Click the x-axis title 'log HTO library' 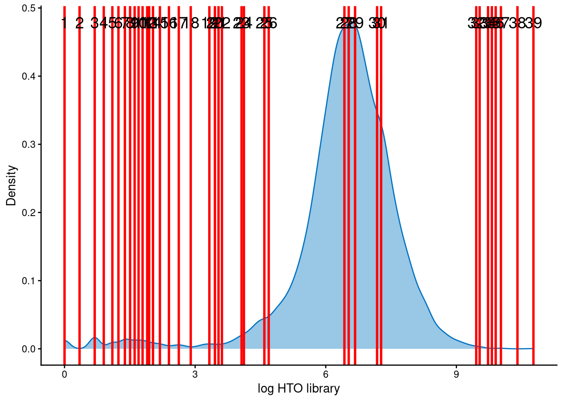298,389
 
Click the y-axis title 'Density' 11,186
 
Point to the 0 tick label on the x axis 64,375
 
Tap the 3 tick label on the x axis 195,375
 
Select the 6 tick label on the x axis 325,375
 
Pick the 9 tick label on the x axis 456,375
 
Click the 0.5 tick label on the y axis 28,8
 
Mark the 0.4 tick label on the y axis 28,76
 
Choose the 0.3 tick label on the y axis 28,144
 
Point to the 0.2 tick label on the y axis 28,213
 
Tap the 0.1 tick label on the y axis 28,281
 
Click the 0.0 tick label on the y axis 28,349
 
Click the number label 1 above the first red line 64,23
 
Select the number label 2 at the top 80,23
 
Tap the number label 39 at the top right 533,23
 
